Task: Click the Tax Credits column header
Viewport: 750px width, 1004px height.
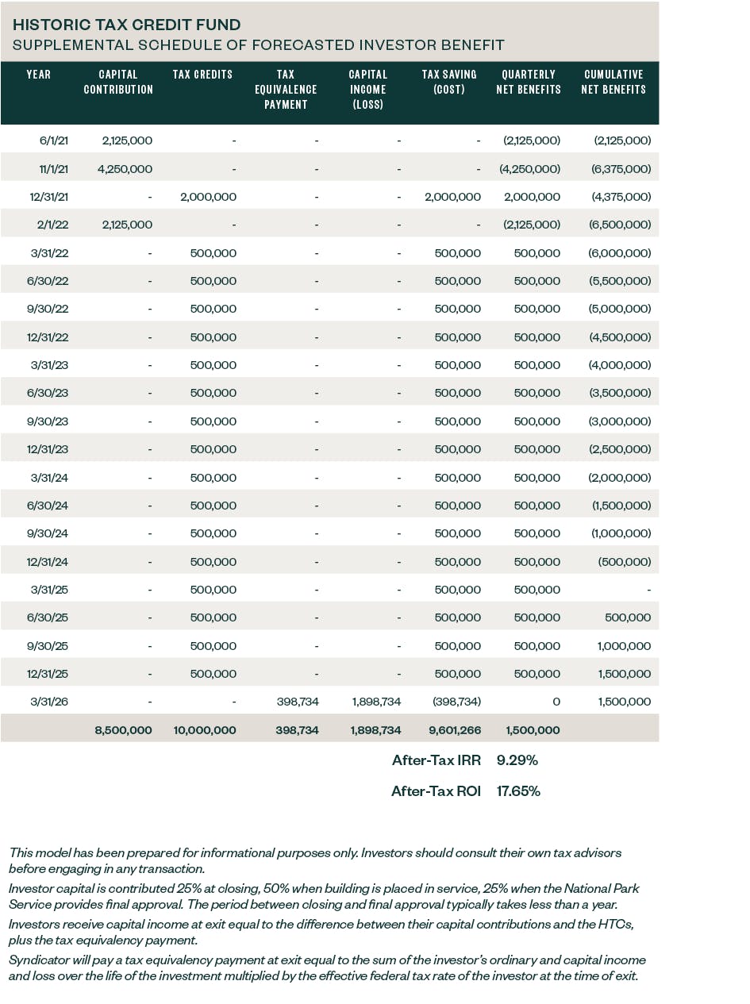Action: click(202, 75)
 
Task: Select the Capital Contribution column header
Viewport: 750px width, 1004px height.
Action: click(118, 82)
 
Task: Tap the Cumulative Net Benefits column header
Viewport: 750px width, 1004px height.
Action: click(613, 82)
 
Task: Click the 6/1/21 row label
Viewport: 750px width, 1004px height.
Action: click(54, 140)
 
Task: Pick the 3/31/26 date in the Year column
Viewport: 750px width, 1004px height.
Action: click(49, 702)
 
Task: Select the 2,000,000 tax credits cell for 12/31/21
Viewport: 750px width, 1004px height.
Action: click(208, 197)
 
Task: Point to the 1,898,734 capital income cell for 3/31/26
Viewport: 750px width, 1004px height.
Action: click(376, 702)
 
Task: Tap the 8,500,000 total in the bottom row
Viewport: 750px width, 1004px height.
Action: click(123, 730)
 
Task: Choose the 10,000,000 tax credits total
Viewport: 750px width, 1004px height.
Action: click(204, 730)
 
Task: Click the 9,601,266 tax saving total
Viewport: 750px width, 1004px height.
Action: click(452, 730)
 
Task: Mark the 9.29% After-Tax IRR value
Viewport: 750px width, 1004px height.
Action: click(517, 760)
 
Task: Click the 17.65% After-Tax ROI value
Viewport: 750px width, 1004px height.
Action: click(518, 791)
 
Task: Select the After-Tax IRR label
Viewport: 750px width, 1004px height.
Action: click(437, 760)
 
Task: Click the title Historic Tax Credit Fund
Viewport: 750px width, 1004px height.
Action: click(127, 25)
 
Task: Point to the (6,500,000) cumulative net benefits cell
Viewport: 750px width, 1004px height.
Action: click(620, 225)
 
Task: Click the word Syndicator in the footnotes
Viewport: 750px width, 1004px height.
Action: click(39, 960)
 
